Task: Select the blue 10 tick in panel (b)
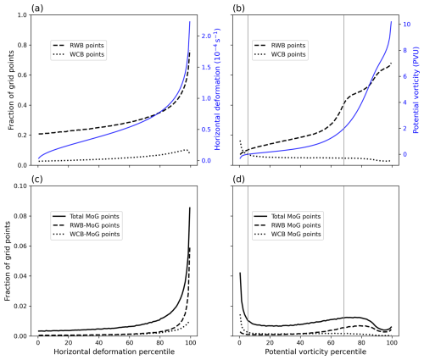[x=406, y=25]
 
